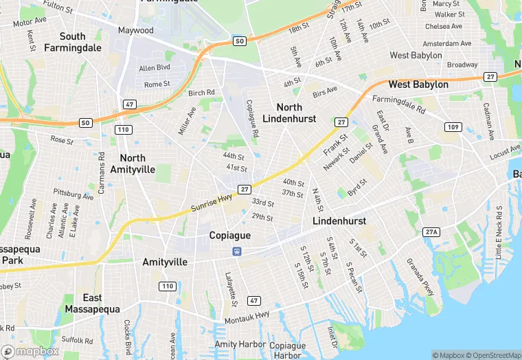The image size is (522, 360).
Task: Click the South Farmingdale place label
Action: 72,42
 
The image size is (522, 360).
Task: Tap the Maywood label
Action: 136,30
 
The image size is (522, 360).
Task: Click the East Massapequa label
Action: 93,303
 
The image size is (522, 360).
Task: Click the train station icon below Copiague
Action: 236,251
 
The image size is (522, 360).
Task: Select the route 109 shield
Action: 452,127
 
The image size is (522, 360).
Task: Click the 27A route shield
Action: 431,232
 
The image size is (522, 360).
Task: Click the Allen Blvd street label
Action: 154,68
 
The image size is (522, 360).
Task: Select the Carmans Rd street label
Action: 102,172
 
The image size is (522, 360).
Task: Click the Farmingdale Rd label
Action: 399,104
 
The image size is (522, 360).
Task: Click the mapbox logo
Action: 30,351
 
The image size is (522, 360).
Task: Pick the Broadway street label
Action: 462,65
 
